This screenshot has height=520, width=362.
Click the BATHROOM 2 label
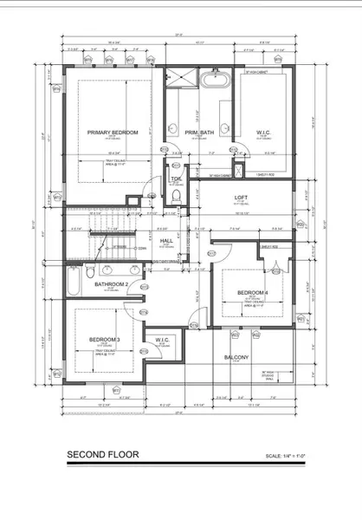click(x=112, y=284)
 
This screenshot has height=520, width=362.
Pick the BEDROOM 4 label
click(x=253, y=293)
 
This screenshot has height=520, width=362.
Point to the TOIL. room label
click(x=176, y=179)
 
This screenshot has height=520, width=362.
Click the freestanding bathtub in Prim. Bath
click(x=214, y=84)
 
